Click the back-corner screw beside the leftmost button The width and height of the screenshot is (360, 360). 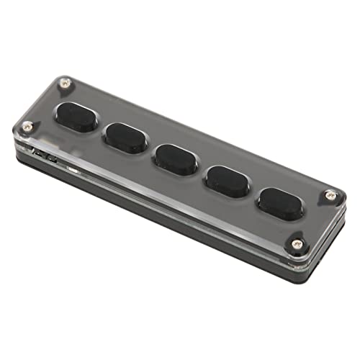click(x=65, y=84)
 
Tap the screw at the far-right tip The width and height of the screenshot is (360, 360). click(x=330, y=194)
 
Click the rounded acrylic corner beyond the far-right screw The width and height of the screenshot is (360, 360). click(x=338, y=198)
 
